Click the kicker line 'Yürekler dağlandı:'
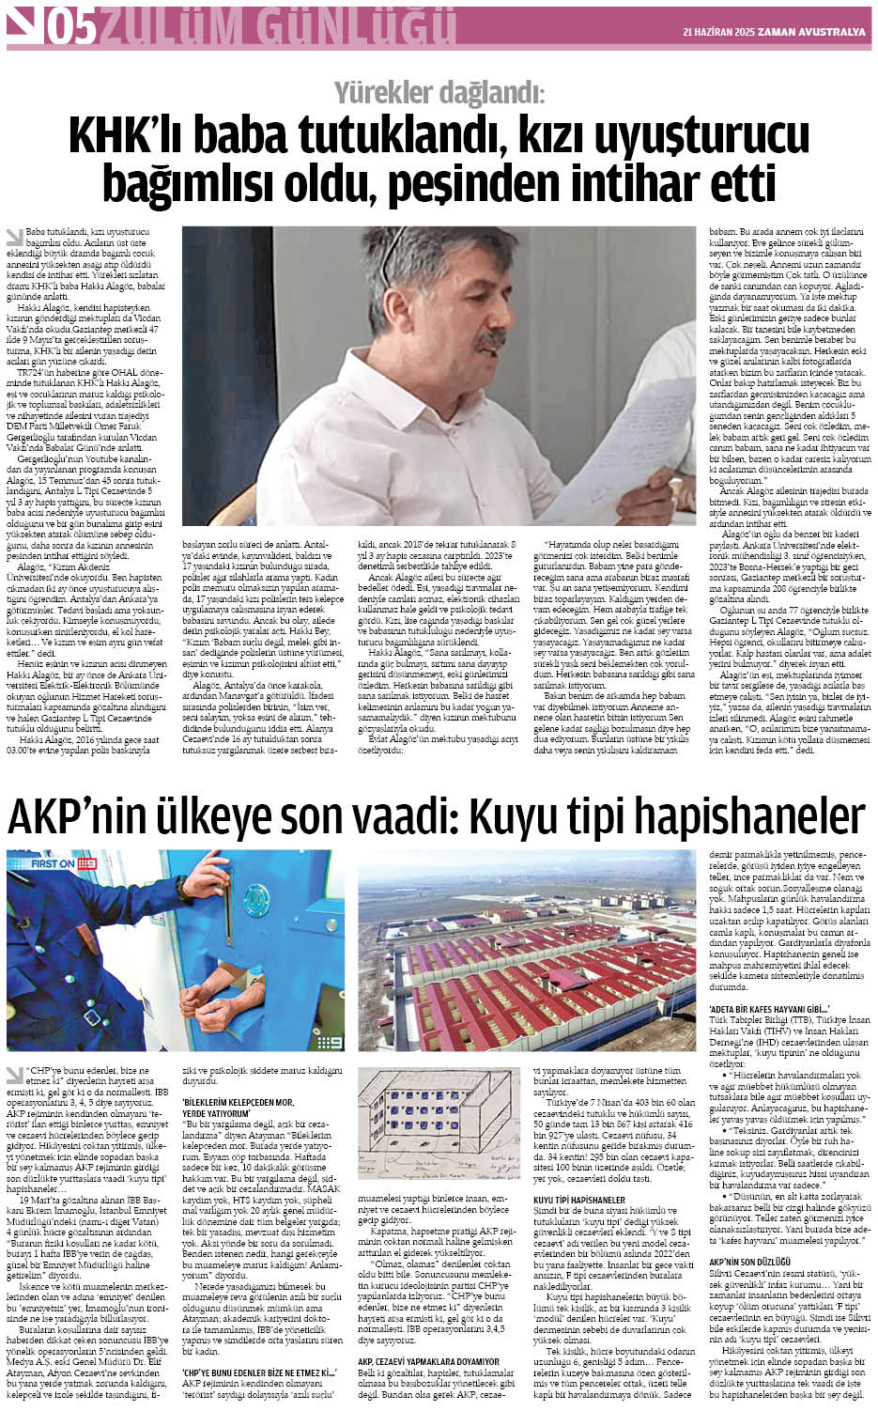439,92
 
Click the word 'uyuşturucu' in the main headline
688,137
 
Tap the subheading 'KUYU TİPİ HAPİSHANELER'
578,1201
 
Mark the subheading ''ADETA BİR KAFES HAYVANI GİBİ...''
756,1009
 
